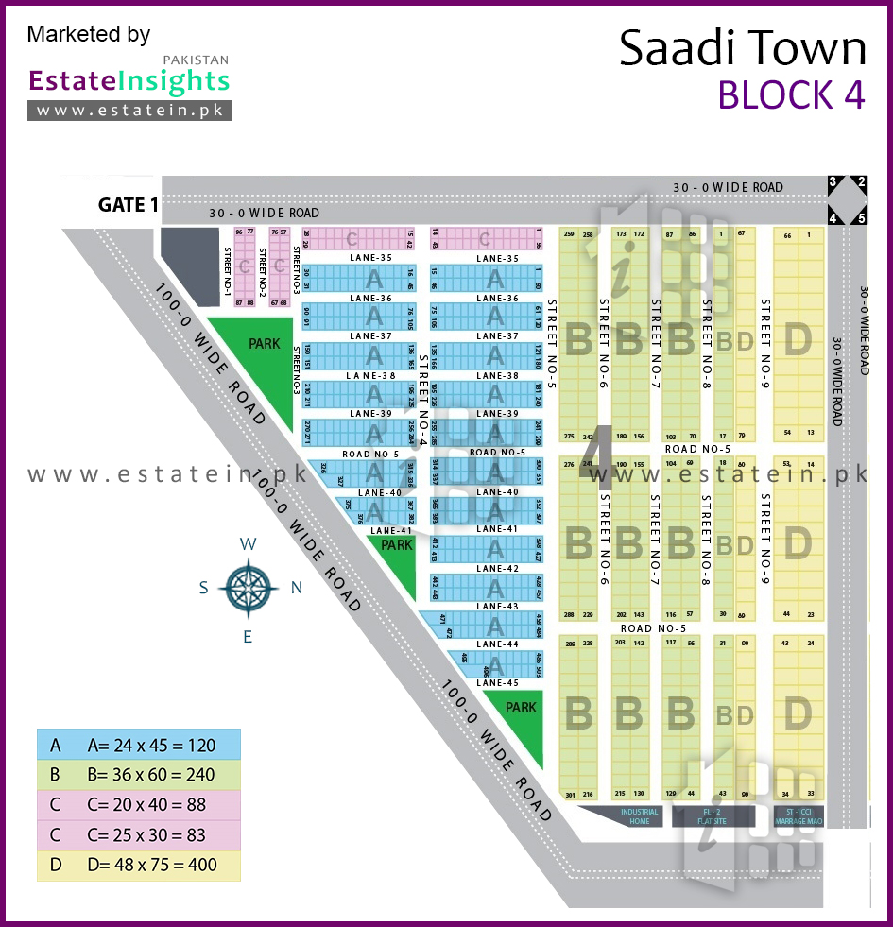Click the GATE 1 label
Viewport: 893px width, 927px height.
pyautogui.click(x=129, y=205)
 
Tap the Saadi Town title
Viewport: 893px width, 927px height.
pyautogui.click(x=742, y=48)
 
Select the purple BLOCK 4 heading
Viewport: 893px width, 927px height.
pyautogui.click(x=791, y=94)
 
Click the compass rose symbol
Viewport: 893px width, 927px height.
pyautogui.click(x=248, y=587)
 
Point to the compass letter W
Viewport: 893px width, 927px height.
pyautogui.click(x=248, y=543)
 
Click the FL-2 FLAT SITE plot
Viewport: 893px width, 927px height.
pyautogui.click(x=713, y=816)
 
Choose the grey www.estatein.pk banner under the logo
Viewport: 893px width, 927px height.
pyautogui.click(x=129, y=110)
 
